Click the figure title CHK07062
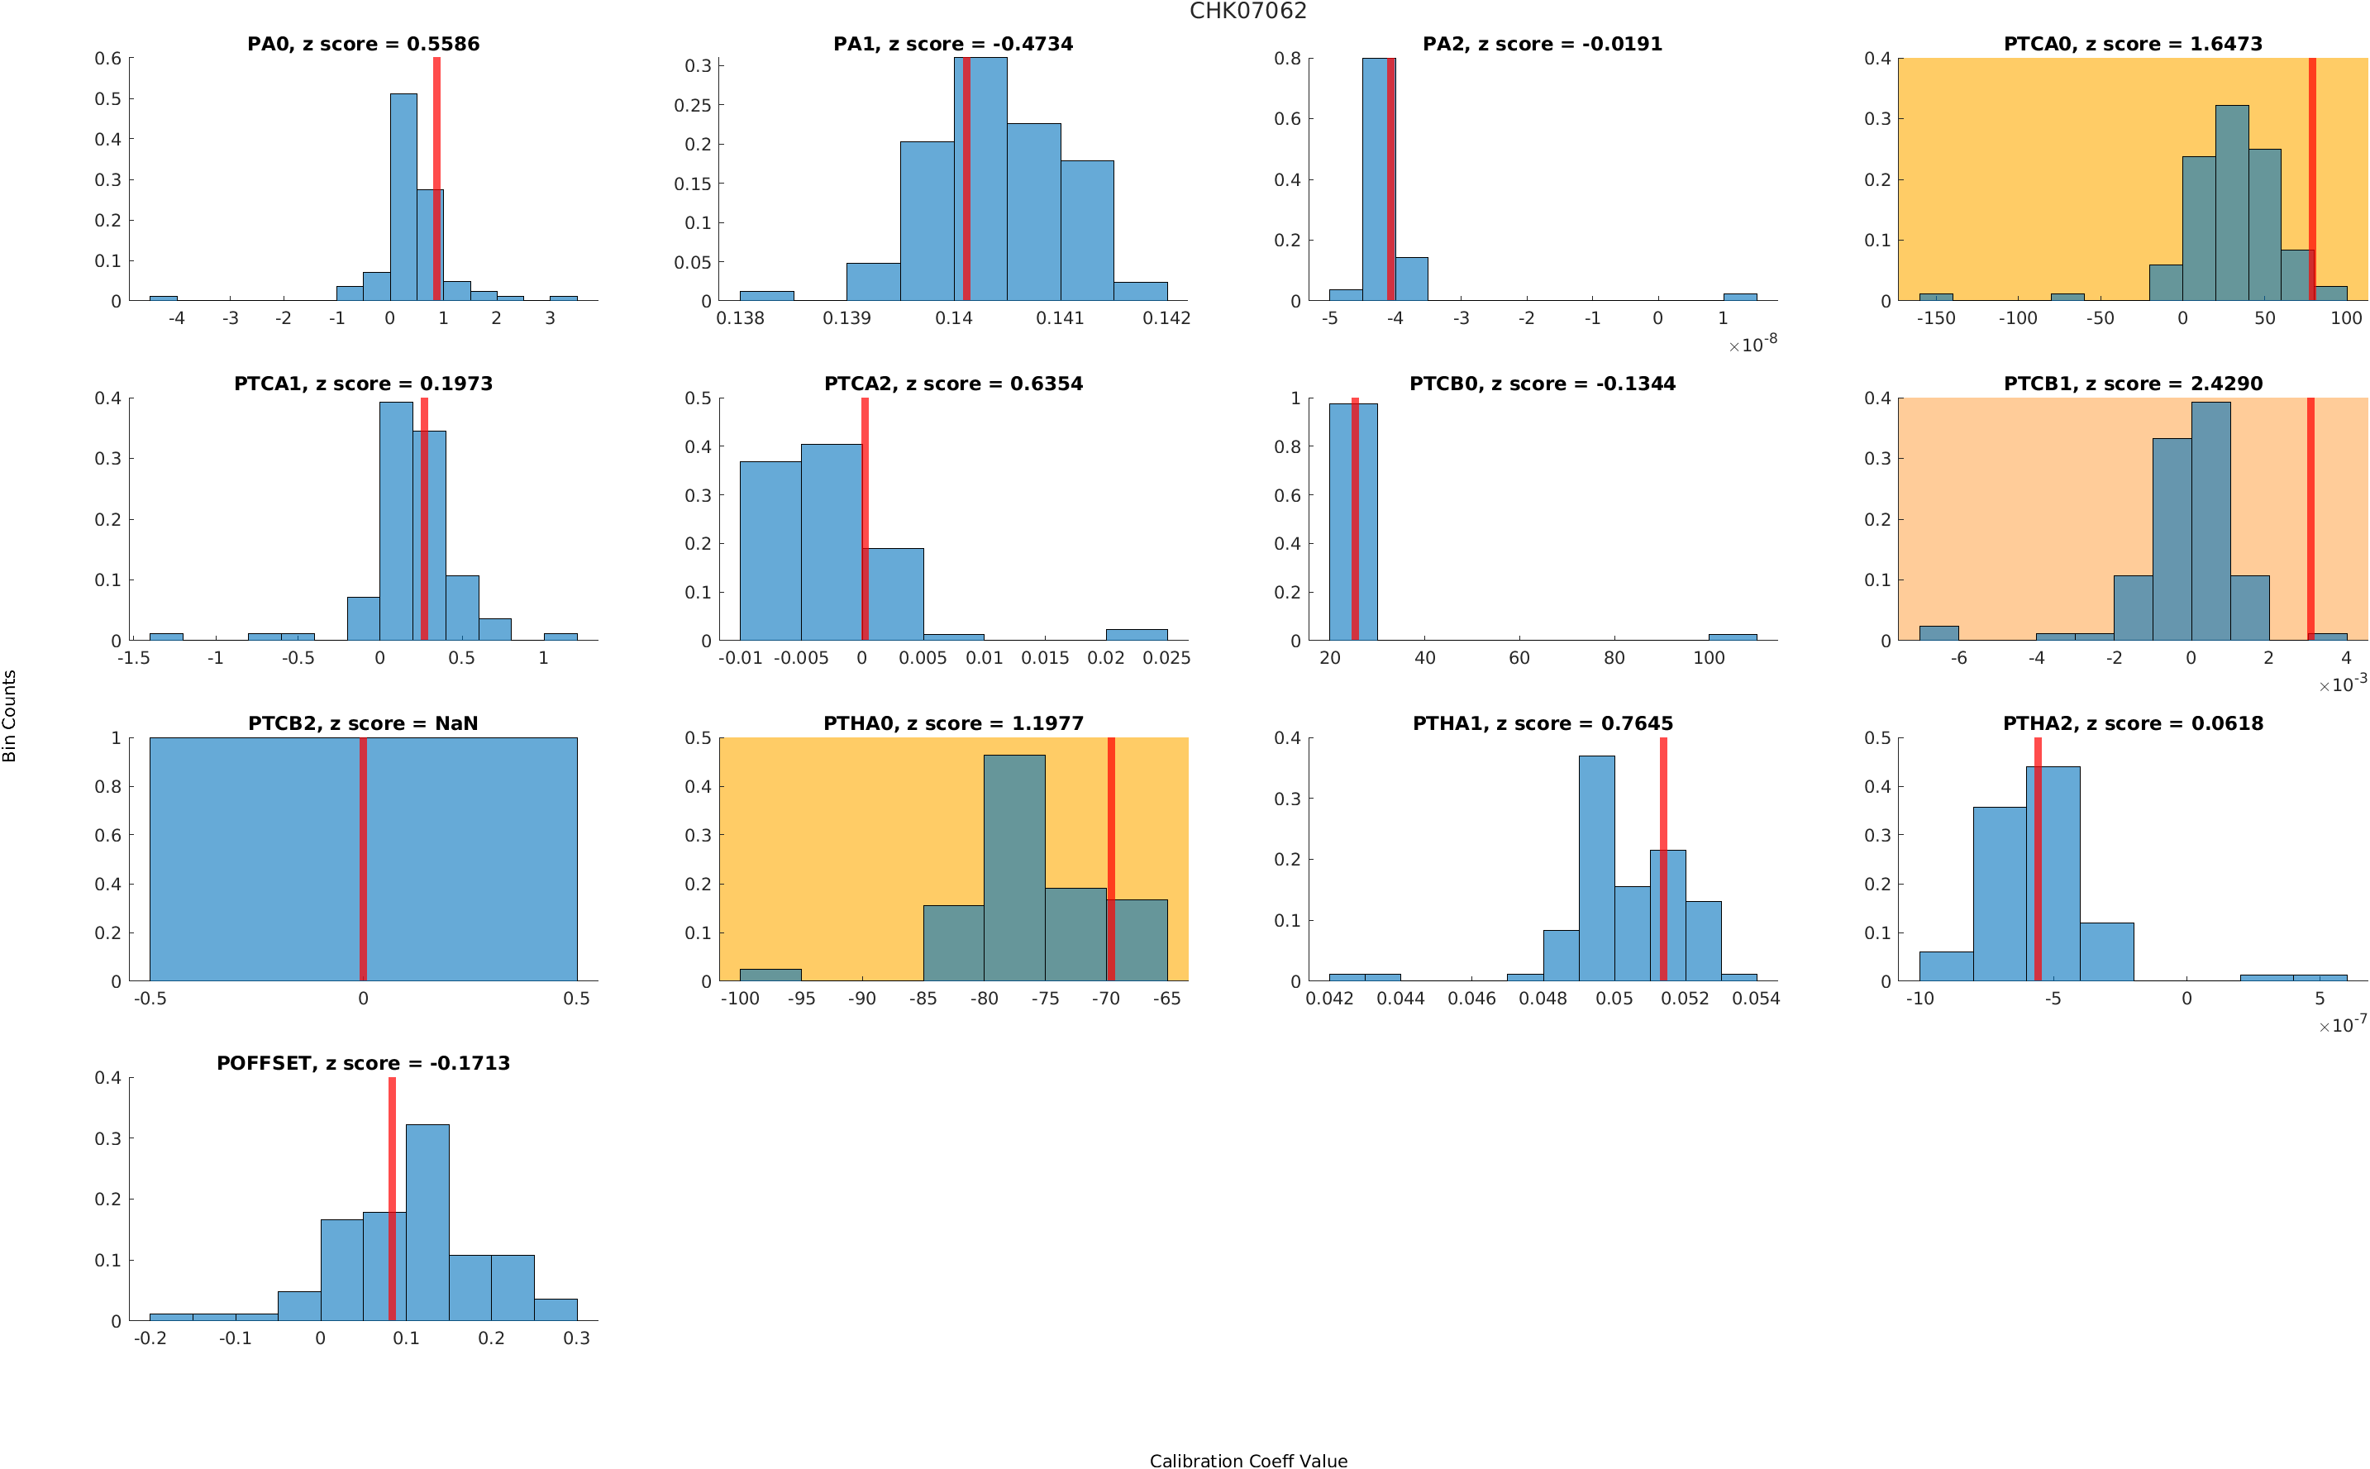tap(1247, 12)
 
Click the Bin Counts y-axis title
tap(10, 715)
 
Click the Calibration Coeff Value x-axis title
tap(1247, 1459)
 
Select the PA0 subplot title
tap(363, 44)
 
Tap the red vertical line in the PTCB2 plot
tap(363, 859)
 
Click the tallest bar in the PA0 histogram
tap(403, 198)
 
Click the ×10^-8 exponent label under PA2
tap(1752, 344)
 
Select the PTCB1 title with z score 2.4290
tap(2132, 384)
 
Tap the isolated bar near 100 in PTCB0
tap(1732, 637)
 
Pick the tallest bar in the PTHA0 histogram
tap(1014, 868)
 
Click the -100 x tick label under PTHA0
tap(739, 998)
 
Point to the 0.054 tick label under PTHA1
tap(1755, 998)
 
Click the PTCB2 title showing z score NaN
tap(363, 724)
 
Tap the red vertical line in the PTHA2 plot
tap(2037, 859)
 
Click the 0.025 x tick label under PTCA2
tap(1166, 658)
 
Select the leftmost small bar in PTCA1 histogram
tap(166, 637)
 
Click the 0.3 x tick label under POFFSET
tap(576, 1338)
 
